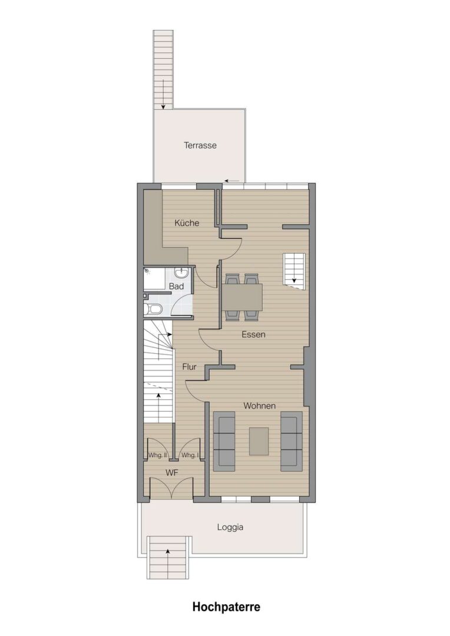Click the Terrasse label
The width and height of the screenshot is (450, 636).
[x=200, y=145]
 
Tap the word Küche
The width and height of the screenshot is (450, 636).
[x=187, y=223]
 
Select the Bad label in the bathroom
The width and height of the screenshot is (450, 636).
[x=176, y=286]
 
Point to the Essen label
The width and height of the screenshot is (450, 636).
[x=253, y=334]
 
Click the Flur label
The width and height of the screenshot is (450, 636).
[x=189, y=367]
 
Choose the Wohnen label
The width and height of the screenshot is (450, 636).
[x=259, y=406]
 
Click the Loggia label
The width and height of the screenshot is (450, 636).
[x=230, y=527]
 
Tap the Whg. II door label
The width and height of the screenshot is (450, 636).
[x=157, y=455]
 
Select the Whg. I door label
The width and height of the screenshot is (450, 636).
[x=190, y=455]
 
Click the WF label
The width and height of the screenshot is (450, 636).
[x=172, y=472]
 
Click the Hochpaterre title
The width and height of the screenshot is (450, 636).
[x=226, y=607]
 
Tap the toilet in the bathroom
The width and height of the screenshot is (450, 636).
[x=154, y=310]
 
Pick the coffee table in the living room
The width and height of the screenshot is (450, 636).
[x=259, y=441]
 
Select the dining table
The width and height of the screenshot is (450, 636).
[x=242, y=296]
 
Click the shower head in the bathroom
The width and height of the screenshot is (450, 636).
[x=147, y=271]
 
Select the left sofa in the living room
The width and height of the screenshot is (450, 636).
[x=224, y=441]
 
